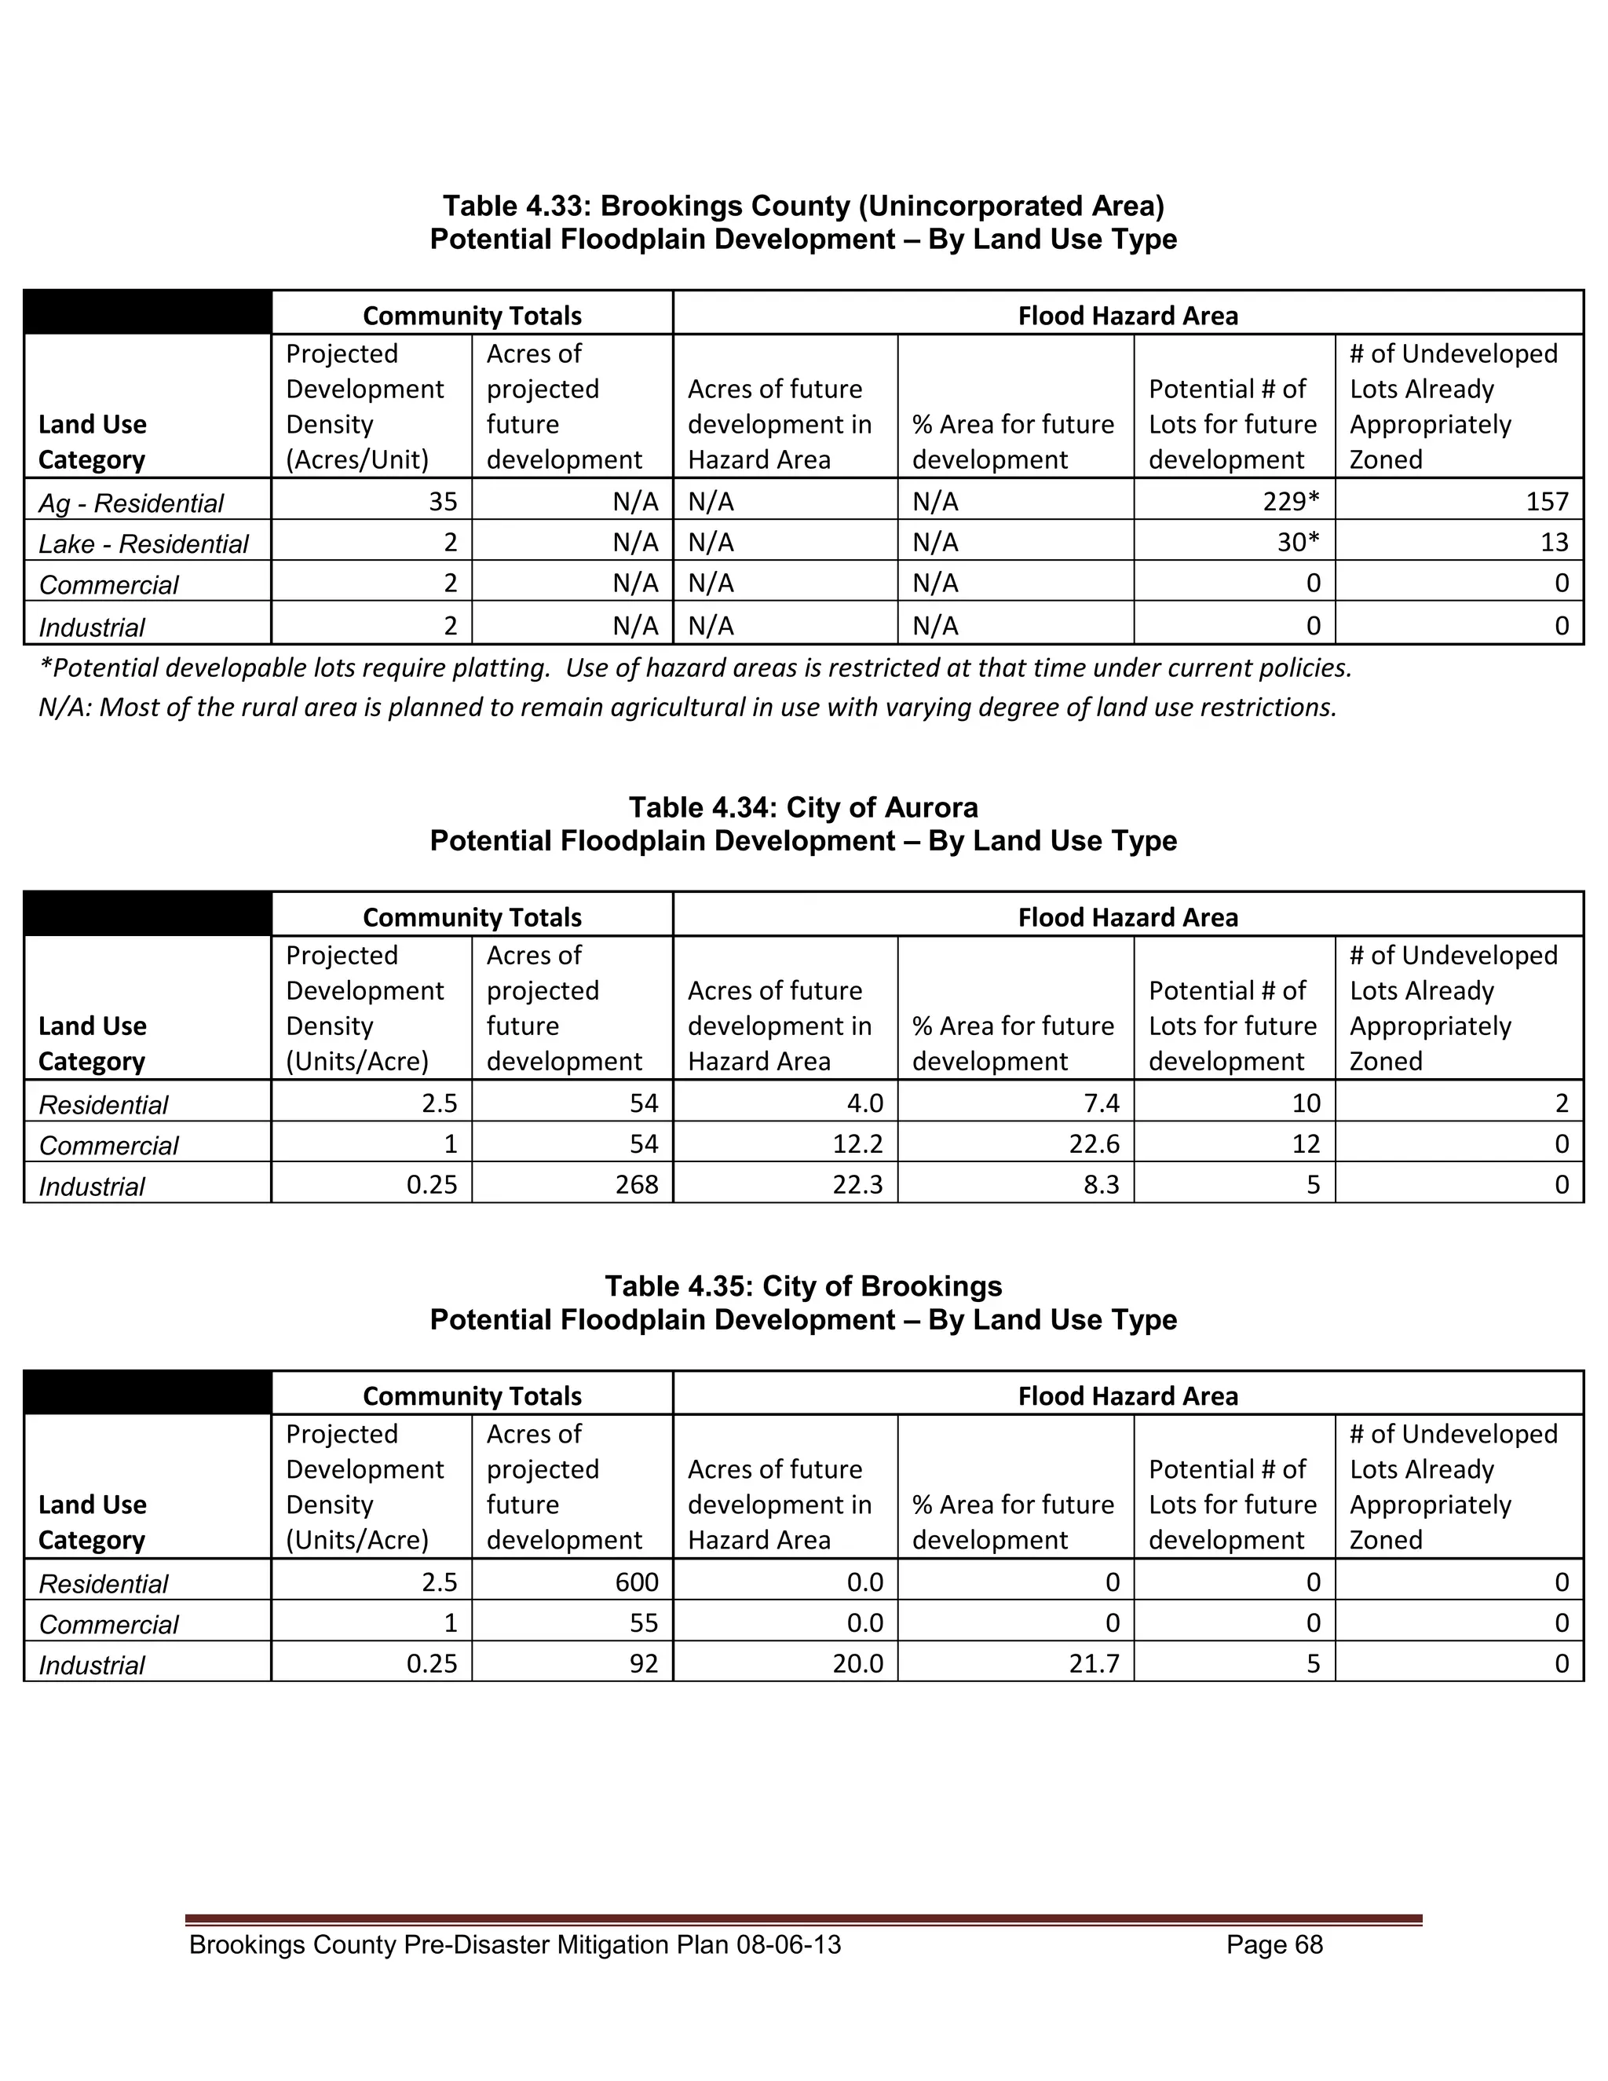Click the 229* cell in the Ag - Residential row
coord(1291,501)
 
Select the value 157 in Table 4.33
coord(1546,501)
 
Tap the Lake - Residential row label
coord(143,543)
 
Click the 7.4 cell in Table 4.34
coord(1102,1103)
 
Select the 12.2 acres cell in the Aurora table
coord(857,1143)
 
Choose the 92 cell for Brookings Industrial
coord(644,1664)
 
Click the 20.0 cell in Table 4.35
coord(857,1664)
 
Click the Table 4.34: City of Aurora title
coord(803,808)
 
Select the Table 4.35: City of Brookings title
coord(803,1286)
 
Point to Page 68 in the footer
coord(1274,1944)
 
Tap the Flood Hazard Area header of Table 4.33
coord(1128,316)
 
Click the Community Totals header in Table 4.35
coord(472,1396)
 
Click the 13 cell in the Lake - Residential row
coord(1554,542)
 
